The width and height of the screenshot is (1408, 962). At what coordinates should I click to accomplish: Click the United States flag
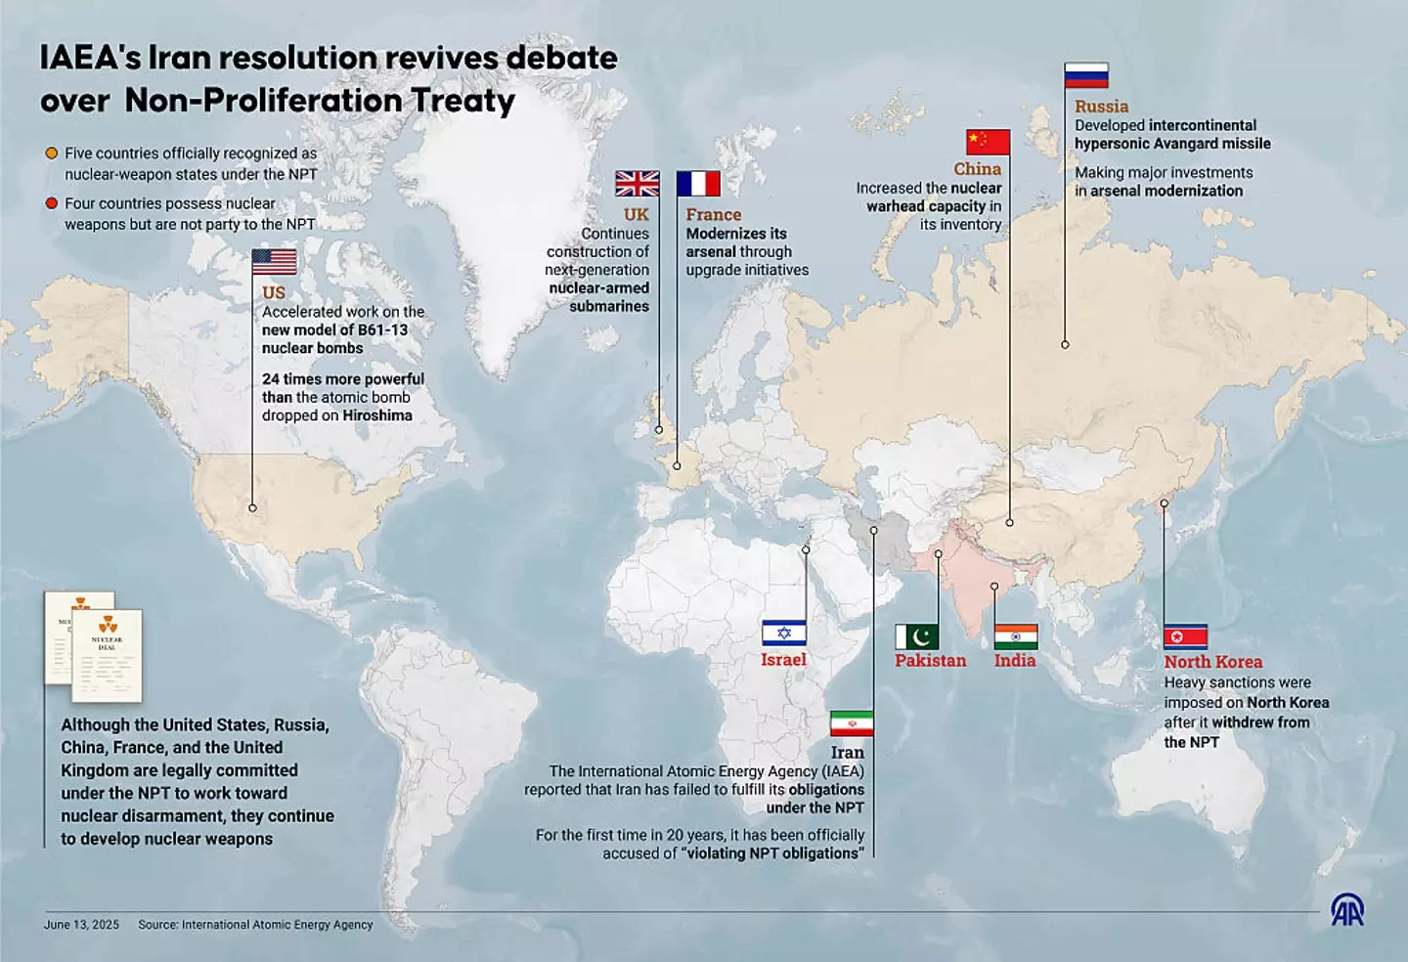[274, 262]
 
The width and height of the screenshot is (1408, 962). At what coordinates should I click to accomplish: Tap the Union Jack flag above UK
[637, 184]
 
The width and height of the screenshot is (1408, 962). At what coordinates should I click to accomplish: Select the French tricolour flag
[698, 184]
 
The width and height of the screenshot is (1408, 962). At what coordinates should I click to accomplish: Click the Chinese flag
[988, 142]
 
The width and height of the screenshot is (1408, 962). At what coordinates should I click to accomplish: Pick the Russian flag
[1086, 75]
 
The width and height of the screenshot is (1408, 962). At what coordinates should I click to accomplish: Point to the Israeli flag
[784, 633]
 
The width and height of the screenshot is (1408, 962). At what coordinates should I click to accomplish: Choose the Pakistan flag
[917, 637]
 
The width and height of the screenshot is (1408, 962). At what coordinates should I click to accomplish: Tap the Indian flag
[1016, 637]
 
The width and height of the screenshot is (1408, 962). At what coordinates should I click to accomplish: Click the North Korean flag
[1185, 637]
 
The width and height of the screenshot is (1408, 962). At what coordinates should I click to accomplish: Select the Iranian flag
[852, 723]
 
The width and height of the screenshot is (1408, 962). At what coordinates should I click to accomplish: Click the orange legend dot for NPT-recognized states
[52, 153]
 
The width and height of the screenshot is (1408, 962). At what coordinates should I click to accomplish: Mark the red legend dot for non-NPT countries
[52, 203]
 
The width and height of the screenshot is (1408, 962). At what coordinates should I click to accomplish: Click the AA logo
[1347, 910]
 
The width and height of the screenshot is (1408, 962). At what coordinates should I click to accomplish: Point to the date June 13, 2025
[81, 925]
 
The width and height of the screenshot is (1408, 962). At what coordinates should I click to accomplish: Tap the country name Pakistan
[930, 661]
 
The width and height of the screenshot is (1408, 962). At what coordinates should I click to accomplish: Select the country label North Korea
[1212, 662]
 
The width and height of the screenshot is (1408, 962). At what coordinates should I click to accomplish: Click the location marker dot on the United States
[252, 508]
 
